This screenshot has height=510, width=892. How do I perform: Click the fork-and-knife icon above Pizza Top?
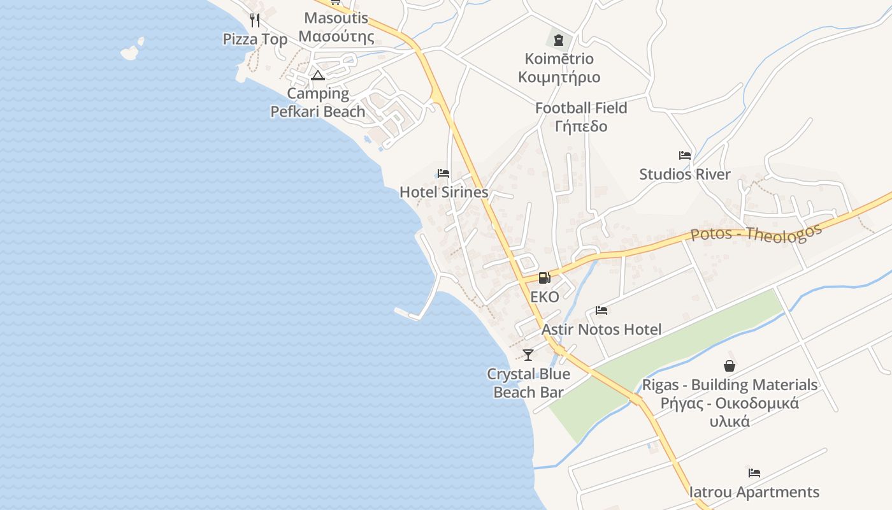[x=255, y=20]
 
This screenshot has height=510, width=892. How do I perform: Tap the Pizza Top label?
[x=255, y=40]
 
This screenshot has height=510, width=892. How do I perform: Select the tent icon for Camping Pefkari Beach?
[x=318, y=76]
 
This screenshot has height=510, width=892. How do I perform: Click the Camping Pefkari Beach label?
[x=318, y=103]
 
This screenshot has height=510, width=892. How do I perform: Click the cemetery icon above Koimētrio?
[x=559, y=40]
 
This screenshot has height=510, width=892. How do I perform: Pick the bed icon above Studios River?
[x=685, y=156]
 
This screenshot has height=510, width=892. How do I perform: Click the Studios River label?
[x=685, y=175]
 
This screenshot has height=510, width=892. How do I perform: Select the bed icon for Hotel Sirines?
[x=443, y=173]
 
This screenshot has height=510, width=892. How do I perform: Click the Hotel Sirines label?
[x=443, y=192]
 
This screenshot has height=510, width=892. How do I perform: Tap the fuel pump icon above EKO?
[x=544, y=278]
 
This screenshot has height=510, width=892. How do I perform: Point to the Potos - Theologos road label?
[x=756, y=234]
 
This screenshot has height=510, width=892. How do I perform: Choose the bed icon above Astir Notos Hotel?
[x=601, y=311]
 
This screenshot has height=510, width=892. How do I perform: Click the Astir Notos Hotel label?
[x=601, y=330]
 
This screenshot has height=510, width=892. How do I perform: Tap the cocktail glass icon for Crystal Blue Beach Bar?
[x=528, y=355]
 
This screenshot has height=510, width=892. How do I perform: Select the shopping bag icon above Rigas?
[x=730, y=366]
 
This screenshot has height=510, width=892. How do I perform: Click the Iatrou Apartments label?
[x=754, y=492]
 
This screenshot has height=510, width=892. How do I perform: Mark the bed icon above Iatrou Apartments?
[x=754, y=473]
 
